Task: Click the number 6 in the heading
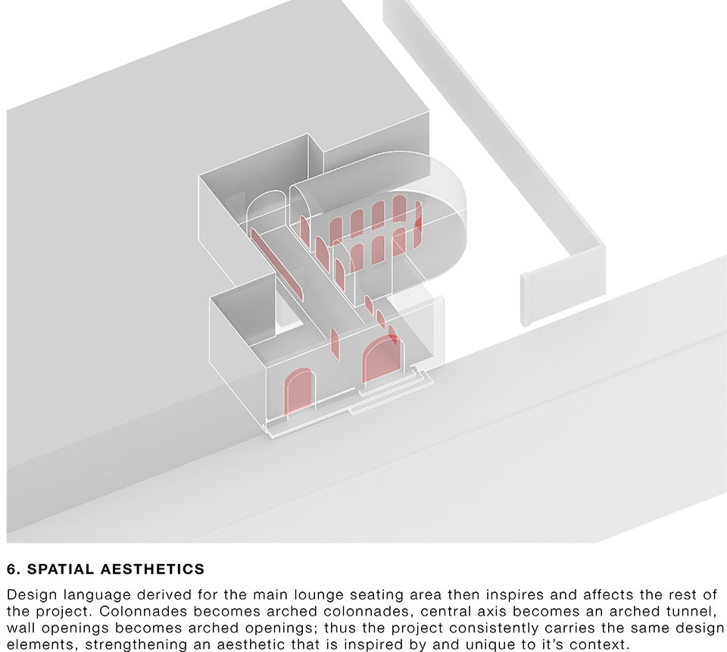coord(11,569)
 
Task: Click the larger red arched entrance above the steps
coord(382,359)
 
